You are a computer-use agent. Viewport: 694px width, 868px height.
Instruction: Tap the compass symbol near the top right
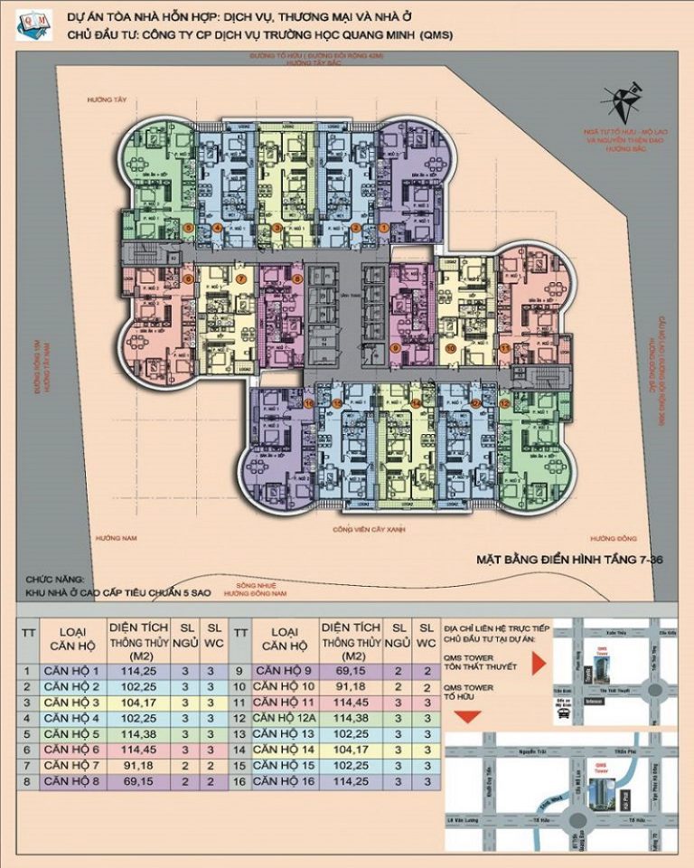(622, 102)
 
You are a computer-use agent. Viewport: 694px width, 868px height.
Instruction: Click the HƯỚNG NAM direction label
(117, 539)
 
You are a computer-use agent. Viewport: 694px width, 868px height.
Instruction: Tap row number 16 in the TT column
(239, 779)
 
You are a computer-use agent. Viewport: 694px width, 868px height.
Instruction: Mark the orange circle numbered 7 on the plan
(241, 279)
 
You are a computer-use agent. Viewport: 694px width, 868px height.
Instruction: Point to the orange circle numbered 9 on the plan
(395, 347)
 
